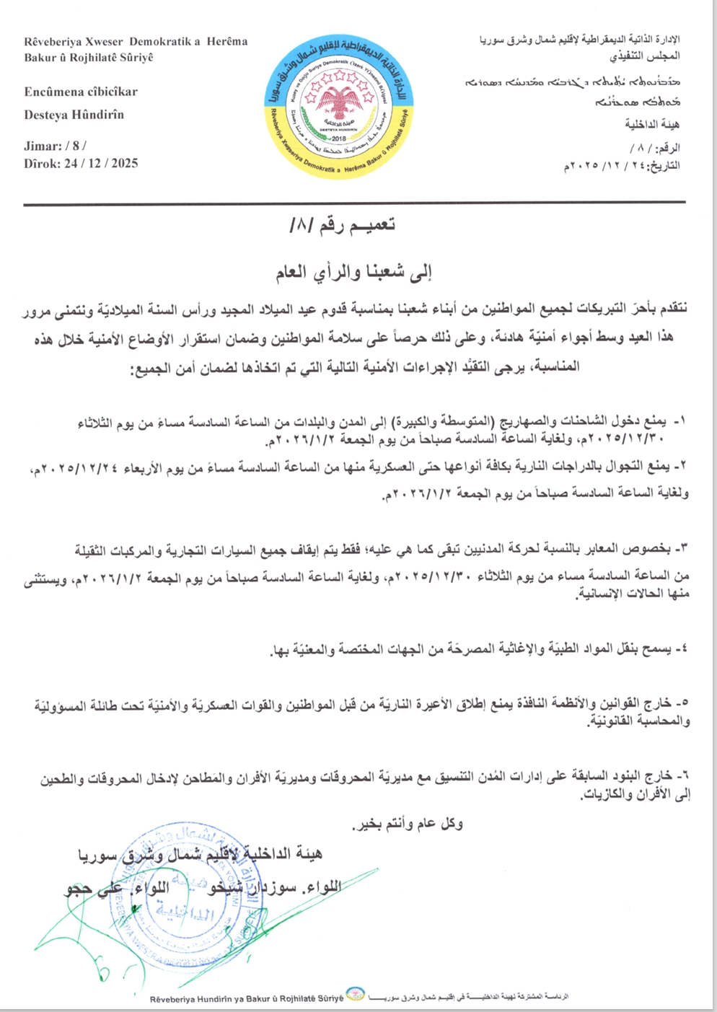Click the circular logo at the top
coord(338,102)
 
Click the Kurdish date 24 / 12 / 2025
coord(100,163)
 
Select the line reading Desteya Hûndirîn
coord(74,115)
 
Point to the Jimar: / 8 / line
coord(55,146)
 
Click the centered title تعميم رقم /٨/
coord(342,225)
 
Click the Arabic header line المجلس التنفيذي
coord(645,56)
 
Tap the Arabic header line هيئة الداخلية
coord(652,124)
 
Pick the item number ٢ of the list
coord(682,466)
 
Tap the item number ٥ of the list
coord(682,702)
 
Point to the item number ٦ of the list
coord(682,775)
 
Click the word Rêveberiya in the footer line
coord(173,999)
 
